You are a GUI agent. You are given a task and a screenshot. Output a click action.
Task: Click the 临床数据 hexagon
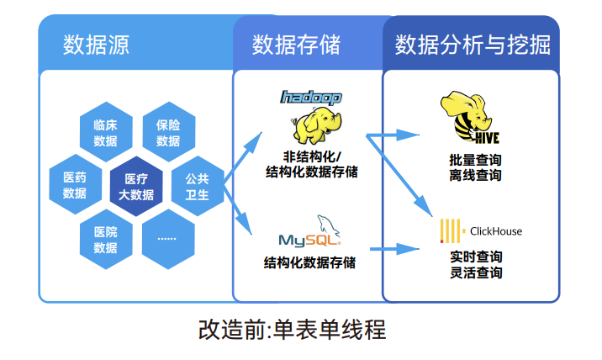[106, 132]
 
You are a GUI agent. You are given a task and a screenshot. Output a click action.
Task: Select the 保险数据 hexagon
[168, 132]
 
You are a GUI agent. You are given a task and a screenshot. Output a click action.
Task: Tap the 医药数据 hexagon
[76, 184]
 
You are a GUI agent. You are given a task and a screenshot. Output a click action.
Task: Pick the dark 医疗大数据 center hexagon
[136, 187]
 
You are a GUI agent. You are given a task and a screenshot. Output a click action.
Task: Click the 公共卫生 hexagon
[198, 186]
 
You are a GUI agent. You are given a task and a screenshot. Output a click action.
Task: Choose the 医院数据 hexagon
[106, 239]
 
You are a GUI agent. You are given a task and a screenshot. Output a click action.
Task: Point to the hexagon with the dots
[168, 239]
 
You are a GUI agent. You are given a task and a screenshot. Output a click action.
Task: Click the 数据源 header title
[96, 45]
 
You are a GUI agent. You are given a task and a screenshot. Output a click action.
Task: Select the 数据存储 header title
[296, 45]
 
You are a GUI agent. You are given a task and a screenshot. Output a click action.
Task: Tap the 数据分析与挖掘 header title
[473, 45]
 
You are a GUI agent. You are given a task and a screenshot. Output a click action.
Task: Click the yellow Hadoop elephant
[316, 125]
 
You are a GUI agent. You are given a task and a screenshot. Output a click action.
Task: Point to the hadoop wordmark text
[311, 98]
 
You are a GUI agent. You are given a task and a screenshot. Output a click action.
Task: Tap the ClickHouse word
[496, 231]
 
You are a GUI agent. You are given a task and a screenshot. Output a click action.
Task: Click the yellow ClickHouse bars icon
[450, 231]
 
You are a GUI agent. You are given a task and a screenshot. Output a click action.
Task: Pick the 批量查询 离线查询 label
[475, 167]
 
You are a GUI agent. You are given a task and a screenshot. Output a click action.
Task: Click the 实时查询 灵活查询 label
[476, 265]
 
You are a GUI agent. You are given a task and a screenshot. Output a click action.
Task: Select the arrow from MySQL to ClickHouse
[394, 249]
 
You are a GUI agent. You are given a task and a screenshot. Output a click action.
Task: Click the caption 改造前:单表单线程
[292, 330]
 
